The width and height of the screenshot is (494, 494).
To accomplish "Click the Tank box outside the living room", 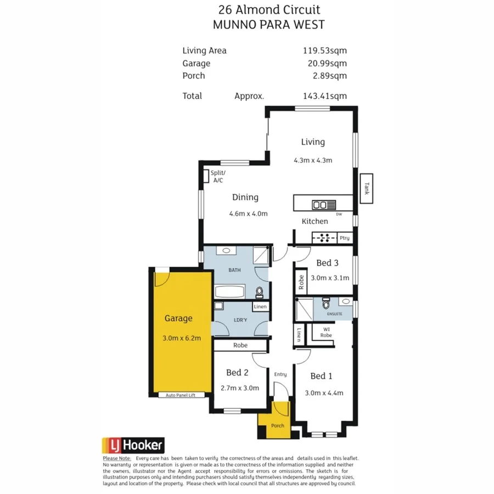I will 366,189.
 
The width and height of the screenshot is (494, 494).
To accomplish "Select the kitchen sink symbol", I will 324,205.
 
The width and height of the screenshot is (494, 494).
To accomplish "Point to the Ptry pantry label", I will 344,238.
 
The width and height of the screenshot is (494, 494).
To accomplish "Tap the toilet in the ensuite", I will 326,304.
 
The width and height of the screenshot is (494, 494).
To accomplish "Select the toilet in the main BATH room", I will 260,291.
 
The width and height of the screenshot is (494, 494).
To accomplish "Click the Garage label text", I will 178,318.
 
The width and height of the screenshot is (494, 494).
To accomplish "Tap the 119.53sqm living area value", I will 325,50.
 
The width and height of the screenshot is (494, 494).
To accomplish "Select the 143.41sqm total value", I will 325,96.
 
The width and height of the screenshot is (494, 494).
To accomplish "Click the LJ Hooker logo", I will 133,445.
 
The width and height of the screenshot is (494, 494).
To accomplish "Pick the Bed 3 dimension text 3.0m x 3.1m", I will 330,278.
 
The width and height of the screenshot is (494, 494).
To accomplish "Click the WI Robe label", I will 326,332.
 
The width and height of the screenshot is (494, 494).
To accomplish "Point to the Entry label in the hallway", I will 280,374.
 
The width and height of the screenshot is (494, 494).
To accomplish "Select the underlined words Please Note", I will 116,458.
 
